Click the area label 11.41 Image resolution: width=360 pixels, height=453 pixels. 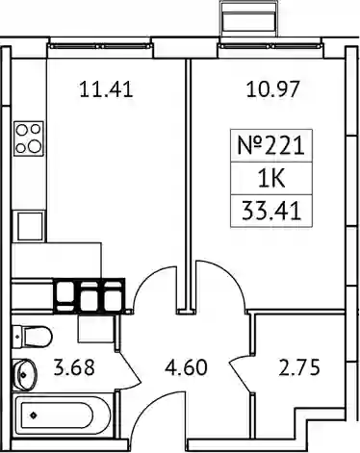106,89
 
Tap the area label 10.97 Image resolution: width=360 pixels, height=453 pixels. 273,88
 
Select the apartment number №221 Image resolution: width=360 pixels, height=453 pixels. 271,146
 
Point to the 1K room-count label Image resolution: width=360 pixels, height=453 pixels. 271,179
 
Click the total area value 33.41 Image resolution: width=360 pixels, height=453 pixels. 271,211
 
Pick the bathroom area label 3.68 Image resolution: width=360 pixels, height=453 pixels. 74,367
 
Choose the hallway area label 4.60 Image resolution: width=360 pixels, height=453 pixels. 186,367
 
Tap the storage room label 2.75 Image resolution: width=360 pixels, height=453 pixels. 299,367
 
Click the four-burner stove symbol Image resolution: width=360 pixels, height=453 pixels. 29,138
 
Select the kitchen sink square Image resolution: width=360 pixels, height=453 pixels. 30,226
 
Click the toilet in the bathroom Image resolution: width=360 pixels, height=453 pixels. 32,337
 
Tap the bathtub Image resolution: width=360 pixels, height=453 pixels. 63,415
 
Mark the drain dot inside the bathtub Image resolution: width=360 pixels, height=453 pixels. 33,415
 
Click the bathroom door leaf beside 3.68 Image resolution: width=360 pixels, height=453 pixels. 130,367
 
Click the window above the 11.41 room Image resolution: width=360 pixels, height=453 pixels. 100,46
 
